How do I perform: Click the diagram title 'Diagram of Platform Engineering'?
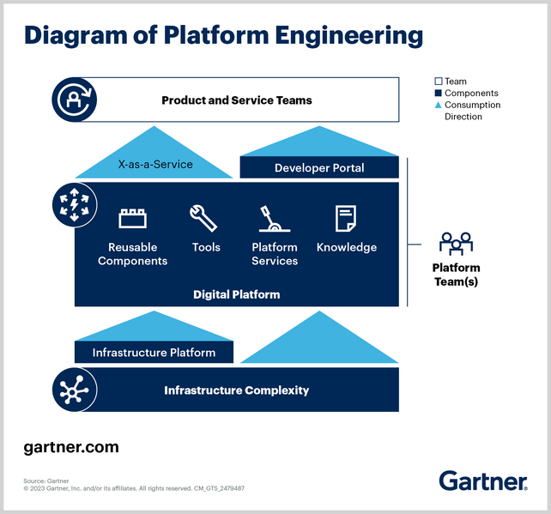[x=223, y=35]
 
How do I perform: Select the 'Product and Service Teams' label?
[x=236, y=100]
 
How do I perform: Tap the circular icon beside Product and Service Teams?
[x=72, y=100]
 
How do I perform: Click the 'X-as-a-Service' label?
[x=154, y=164]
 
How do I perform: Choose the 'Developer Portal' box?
[x=319, y=167]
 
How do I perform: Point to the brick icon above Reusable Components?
[x=132, y=219]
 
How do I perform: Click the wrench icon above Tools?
[x=204, y=218]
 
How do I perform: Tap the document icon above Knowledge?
[x=346, y=219]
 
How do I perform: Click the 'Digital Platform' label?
[x=236, y=294]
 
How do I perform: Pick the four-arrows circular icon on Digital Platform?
[x=72, y=204]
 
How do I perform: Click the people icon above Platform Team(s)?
[x=456, y=243]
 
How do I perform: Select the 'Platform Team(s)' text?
[x=456, y=275]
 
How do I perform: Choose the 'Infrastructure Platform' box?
[x=154, y=353]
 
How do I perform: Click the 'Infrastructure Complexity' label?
[x=236, y=390]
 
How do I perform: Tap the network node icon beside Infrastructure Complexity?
[x=72, y=390]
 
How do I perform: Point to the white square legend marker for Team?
[x=438, y=82]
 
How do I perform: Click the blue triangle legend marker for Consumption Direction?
[x=438, y=105]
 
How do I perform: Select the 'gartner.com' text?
[x=71, y=447]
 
